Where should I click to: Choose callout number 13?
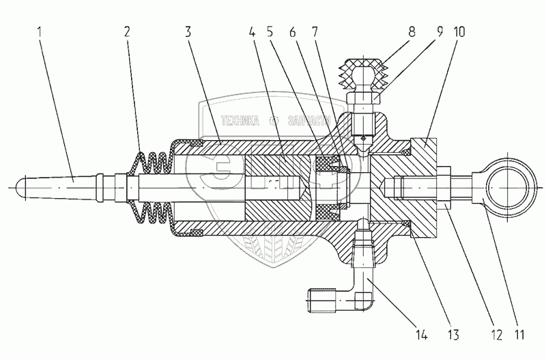pyautogui.click(x=452, y=334)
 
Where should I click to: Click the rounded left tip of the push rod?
pyautogui.click(x=20, y=185)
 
